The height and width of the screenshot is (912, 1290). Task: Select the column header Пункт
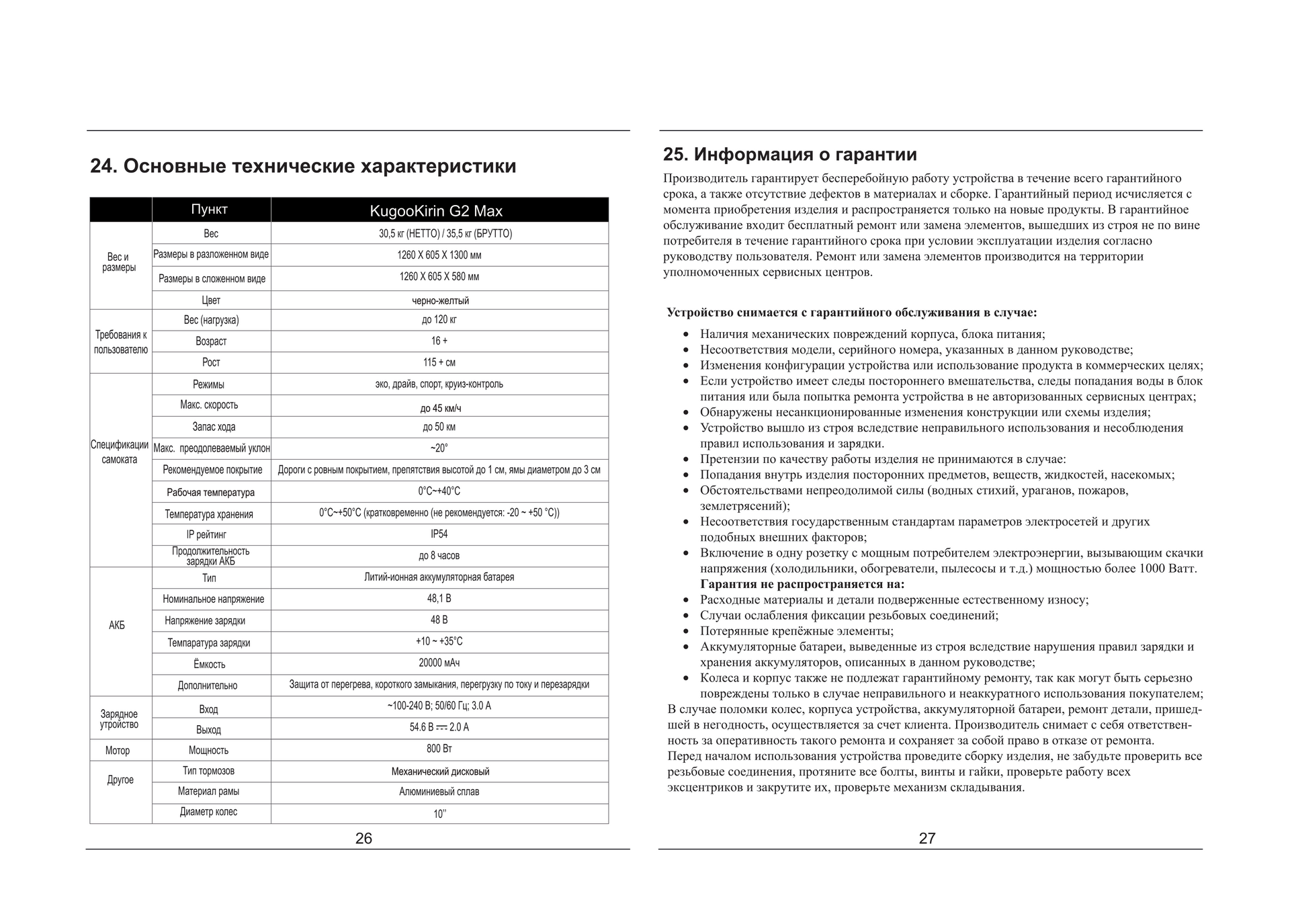coord(210,210)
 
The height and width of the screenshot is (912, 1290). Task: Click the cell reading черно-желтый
coord(440,300)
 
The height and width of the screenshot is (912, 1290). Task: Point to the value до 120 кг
coord(439,320)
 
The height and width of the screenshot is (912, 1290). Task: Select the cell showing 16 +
coord(439,341)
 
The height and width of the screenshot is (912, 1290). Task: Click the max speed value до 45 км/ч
coord(440,408)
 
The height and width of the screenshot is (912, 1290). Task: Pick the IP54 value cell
coord(439,534)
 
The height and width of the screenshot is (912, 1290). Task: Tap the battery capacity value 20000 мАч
coord(439,663)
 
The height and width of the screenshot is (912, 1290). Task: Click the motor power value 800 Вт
coord(439,749)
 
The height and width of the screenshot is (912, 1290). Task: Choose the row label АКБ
coord(117,626)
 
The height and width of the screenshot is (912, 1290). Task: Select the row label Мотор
coord(118,751)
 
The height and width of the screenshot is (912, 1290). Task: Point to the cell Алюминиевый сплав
coord(439,792)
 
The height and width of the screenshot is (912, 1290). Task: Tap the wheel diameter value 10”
coord(439,814)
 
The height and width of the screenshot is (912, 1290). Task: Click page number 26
coord(363,838)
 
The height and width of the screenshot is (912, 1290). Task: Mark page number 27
coord(927,838)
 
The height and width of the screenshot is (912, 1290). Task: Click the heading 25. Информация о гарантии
coord(789,155)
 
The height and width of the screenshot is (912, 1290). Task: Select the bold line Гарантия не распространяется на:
coord(802,584)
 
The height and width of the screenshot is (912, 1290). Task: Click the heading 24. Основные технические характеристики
coord(303,166)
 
